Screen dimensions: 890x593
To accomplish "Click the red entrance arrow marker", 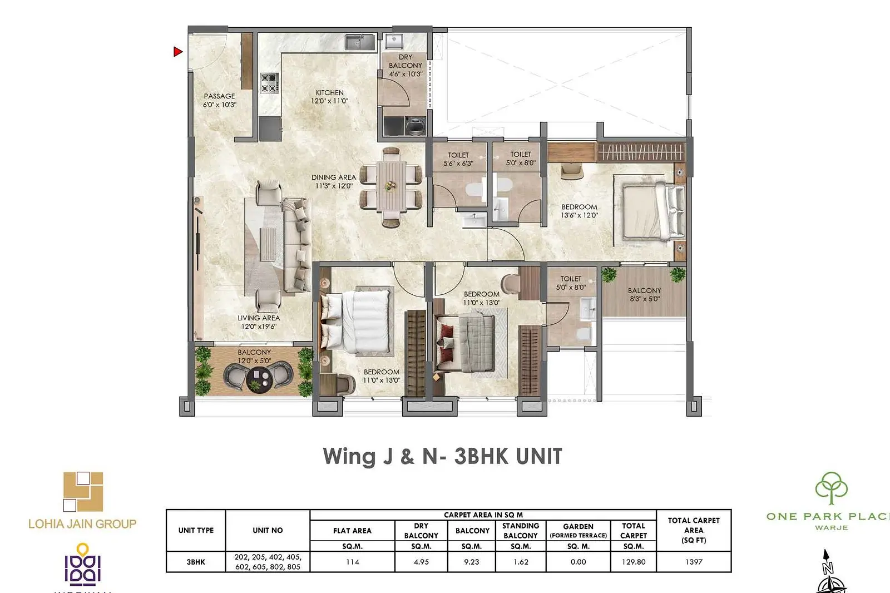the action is click(177, 51).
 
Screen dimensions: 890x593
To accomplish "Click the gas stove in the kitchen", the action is click(269, 83).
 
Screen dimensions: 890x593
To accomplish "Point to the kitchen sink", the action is click(359, 42).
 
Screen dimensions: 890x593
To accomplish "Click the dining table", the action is click(392, 186).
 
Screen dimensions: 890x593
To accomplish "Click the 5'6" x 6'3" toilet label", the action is click(458, 159).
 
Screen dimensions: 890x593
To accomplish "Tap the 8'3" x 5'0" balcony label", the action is click(645, 294).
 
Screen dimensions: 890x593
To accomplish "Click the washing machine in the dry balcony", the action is click(416, 126).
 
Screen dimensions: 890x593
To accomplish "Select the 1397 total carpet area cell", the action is click(694, 562).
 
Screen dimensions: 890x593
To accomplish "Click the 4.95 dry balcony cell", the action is click(421, 562).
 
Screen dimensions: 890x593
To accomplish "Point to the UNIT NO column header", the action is click(268, 530).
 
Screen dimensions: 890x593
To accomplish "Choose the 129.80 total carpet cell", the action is click(634, 562).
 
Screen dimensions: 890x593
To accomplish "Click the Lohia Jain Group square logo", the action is click(83, 491).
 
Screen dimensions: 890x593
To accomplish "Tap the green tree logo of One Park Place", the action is click(831, 488).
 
